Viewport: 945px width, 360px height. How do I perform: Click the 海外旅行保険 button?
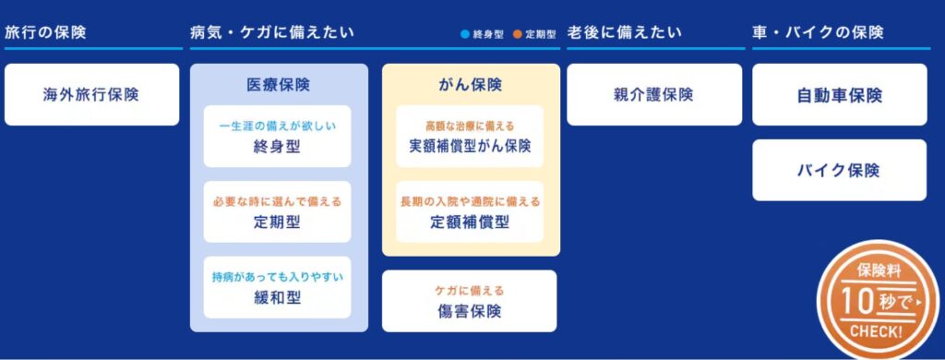[91, 94]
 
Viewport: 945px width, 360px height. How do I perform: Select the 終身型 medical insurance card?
[277, 137]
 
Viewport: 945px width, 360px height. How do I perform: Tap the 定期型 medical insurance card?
[277, 212]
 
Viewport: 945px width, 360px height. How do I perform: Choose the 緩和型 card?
[277, 287]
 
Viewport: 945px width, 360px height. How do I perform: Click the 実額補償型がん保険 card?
[471, 137]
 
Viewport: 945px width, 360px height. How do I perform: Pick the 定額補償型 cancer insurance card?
[471, 212]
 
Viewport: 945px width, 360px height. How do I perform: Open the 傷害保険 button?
[470, 301]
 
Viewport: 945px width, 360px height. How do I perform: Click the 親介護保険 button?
[653, 94]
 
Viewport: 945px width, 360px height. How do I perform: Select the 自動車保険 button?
[839, 94]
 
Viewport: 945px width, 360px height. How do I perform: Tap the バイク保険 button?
[839, 170]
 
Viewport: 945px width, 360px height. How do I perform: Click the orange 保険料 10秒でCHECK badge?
[877, 299]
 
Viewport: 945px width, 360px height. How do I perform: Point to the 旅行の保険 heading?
[45, 32]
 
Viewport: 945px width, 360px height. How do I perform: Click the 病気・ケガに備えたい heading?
[271, 32]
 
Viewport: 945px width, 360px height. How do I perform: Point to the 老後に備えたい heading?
[624, 32]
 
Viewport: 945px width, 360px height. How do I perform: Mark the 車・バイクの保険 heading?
[818, 32]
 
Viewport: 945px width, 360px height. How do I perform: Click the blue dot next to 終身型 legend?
[465, 34]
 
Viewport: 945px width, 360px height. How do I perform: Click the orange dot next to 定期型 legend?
[519, 34]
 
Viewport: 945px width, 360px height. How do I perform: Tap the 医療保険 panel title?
[278, 85]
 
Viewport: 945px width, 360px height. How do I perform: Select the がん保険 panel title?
[471, 85]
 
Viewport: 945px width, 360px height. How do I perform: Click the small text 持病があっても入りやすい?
[277, 276]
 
